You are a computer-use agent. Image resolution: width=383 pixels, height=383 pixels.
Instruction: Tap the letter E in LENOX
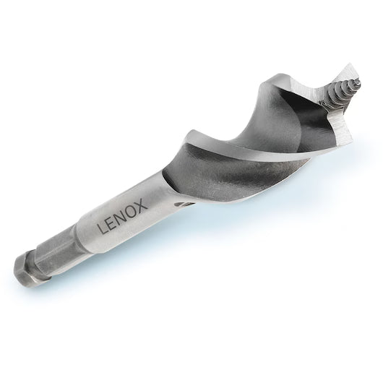110,225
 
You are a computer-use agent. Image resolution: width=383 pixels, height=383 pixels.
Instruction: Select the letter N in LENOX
120,218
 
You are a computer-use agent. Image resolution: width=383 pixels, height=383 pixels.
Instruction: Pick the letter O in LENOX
131,210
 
